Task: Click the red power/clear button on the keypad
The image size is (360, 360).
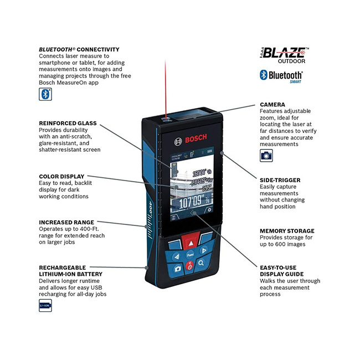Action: (x=189, y=266)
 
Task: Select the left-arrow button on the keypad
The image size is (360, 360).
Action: (x=177, y=256)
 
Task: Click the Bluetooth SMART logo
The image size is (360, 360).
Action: (x=281, y=76)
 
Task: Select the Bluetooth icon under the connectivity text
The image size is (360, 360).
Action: (x=45, y=94)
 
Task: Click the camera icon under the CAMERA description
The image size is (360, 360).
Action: (x=266, y=156)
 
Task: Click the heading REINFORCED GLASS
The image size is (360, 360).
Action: (x=68, y=123)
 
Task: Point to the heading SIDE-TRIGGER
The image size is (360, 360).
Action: (x=280, y=180)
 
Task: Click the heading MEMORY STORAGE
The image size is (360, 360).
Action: (x=287, y=230)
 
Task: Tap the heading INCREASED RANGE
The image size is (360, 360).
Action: (x=66, y=222)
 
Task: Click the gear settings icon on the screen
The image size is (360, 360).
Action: (x=209, y=210)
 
